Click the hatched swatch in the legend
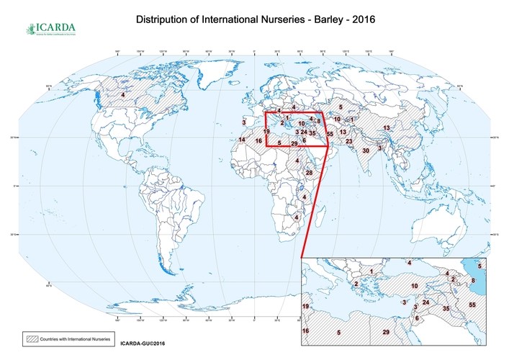pyautogui.click(x=32, y=337)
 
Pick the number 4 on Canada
pyautogui.click(x=123, y=95)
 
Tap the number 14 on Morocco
pyautogui.click(x=242, y=140)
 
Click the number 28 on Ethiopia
pyautogui.click(x=310, y=173)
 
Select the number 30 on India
pyautogui.click(x=366, y=150)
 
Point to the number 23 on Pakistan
pyautogui.click(x=349, y=142)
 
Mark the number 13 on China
pyautogui.click(x=387, y=128)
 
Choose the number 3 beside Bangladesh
pyautogui.click(x=380, y=148)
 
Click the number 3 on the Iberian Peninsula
pyautogui.click(x=244, y=122)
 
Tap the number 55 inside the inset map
pyautogui.click(x=472, y=305)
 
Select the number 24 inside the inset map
pyautogui.click(x=425, y=302)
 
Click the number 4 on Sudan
pyautogui.click(x=297, y=160)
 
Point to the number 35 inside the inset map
pyautogui.click(x=446, y=309)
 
